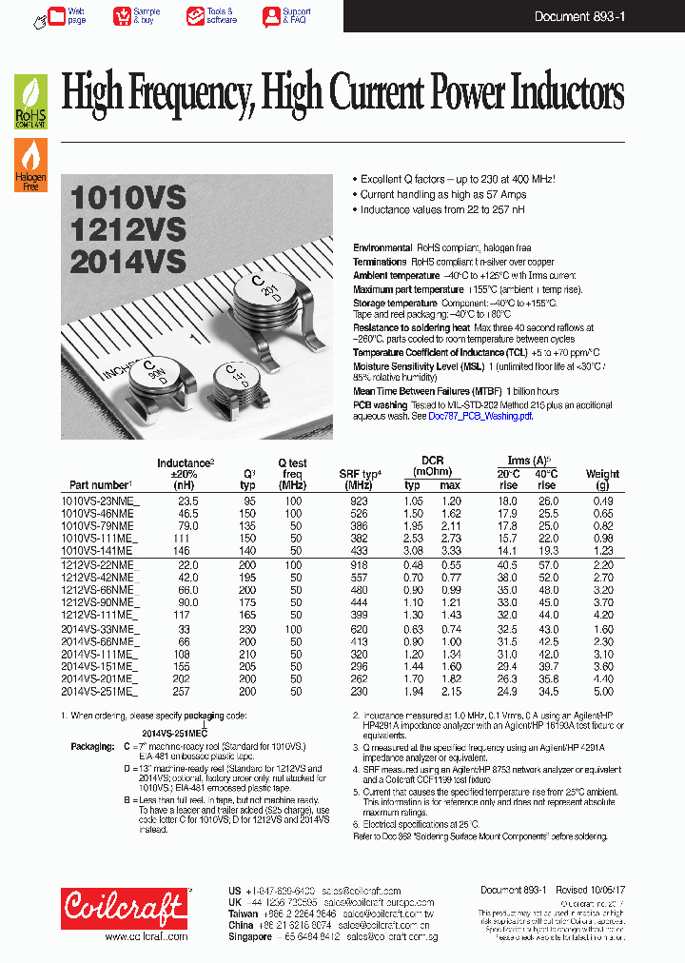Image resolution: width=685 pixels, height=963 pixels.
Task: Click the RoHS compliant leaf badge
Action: pos(29,102)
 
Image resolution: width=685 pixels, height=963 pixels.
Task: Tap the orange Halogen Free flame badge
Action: pos(29,165)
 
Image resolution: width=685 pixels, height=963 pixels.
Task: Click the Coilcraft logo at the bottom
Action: pos(124,909)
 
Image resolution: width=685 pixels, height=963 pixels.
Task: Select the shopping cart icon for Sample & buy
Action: pos(122,15)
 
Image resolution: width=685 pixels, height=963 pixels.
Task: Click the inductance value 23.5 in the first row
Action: pos(187,501)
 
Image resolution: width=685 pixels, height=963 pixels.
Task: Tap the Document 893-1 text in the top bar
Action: pos(579,16)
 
